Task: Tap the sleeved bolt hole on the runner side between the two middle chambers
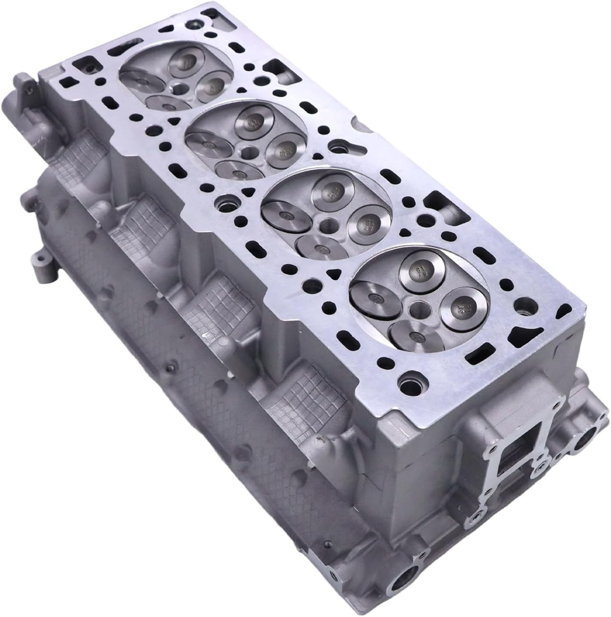tap(224, 203)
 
